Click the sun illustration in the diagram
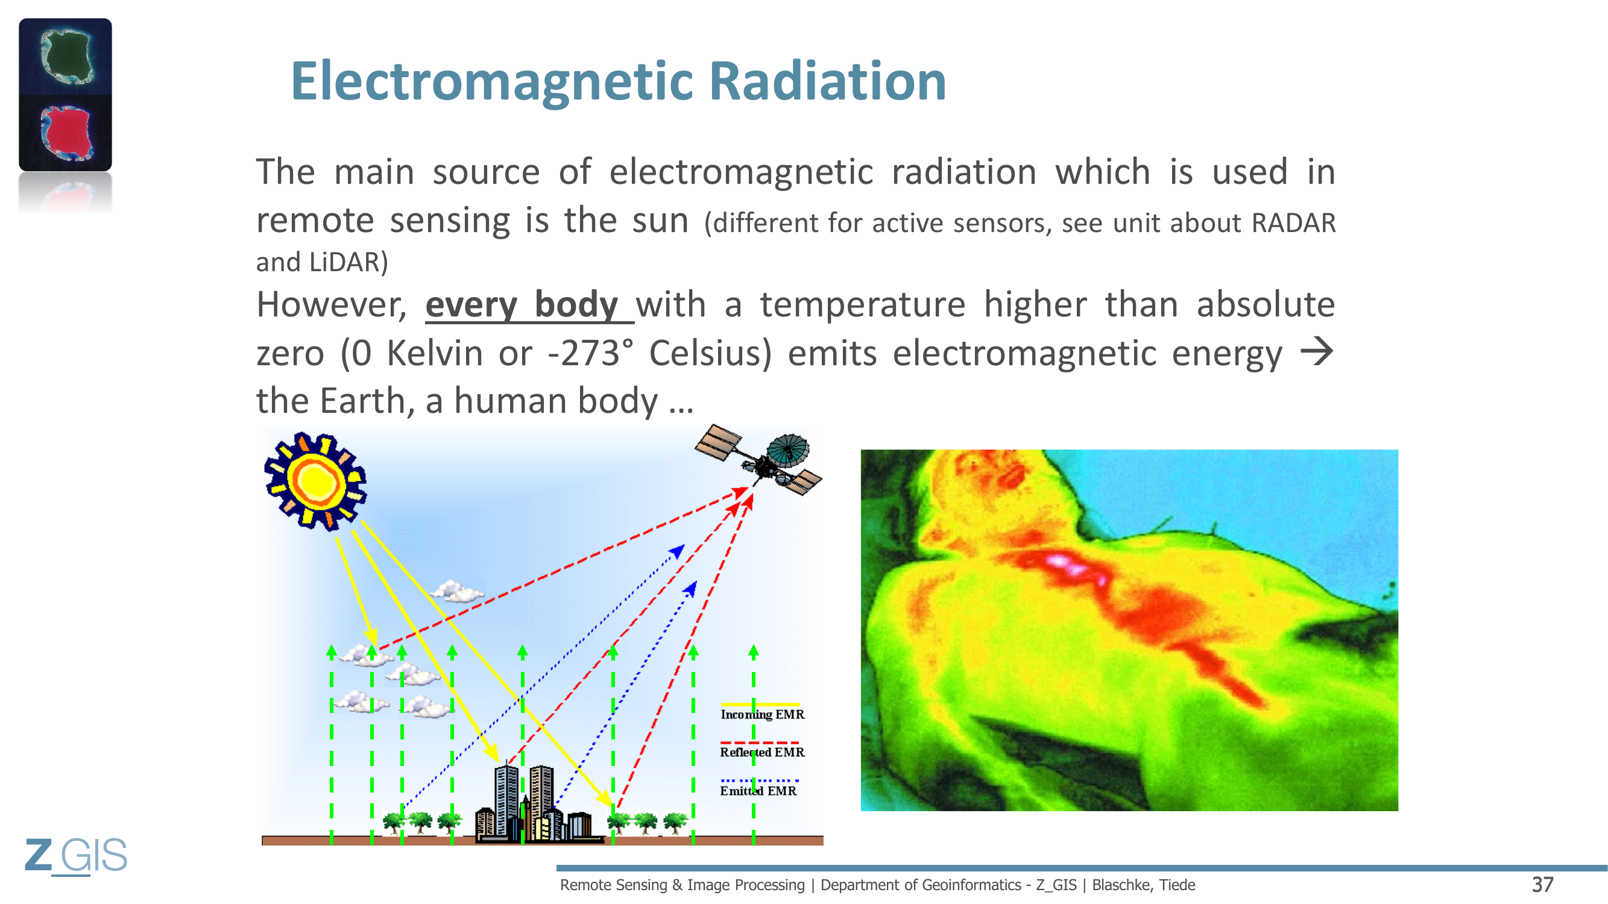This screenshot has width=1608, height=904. [315, 481]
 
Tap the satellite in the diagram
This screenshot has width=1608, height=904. [758, 460]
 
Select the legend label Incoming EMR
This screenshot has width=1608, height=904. [762, 714]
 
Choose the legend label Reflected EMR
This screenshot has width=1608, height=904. [762, 752]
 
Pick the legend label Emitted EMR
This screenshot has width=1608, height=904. [758, 791]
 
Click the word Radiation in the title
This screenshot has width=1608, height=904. [828, 81]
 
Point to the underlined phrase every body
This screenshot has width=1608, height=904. [522, 305]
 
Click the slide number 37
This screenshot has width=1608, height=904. [1542, 885]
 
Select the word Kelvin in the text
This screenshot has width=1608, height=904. [435, 353]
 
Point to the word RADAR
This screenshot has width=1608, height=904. [1293, 224]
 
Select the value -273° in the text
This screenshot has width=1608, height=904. [590, 353]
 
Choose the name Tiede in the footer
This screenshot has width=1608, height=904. [1178, 885]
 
